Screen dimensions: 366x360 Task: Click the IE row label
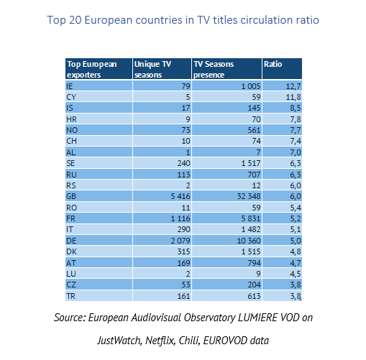(69, 86)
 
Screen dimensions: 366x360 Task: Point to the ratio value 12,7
(293, 86)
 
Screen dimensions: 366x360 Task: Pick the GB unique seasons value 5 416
(180, 196)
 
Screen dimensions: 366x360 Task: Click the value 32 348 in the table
(249, 196)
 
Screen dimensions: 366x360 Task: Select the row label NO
(72, 130)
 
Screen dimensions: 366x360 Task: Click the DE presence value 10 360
(249, 241)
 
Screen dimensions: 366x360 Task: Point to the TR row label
(70, 296)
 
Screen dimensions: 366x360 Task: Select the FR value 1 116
(180, 218)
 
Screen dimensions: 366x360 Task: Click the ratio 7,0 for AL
(296, 152)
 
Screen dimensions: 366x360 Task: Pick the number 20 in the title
(76, 20)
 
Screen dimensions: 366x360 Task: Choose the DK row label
(71, 251)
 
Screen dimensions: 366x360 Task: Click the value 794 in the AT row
(254, 263)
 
